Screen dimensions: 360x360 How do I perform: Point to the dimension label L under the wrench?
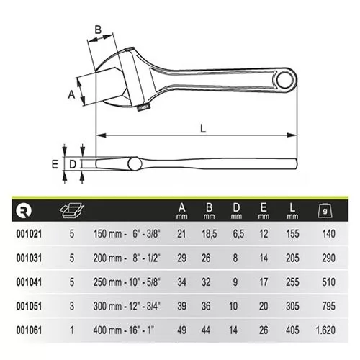204,128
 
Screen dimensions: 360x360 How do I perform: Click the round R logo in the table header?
23,210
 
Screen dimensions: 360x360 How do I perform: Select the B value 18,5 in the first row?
210,234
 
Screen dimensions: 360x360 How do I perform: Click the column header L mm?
292,210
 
